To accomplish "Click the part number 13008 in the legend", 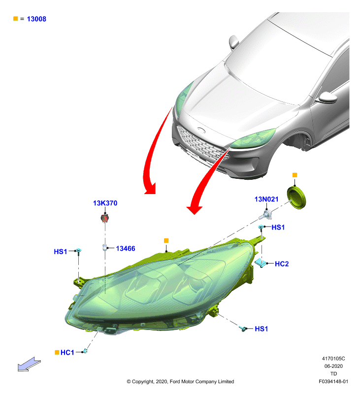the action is click(x=36, y=19).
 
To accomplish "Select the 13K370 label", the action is click(x=105, y=203).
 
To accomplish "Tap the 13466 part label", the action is click(x=126, y=249).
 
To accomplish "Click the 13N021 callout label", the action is click(x=266, y=199).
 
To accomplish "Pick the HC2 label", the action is click(x=282, y=264).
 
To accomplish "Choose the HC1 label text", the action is click(x=67, y=353).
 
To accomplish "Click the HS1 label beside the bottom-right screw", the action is click(x=262, y=329).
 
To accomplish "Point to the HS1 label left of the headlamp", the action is click(x=60, y=252).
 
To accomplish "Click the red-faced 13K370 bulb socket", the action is click(x=105, y=218).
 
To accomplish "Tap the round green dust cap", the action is click(x=296, y=198).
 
